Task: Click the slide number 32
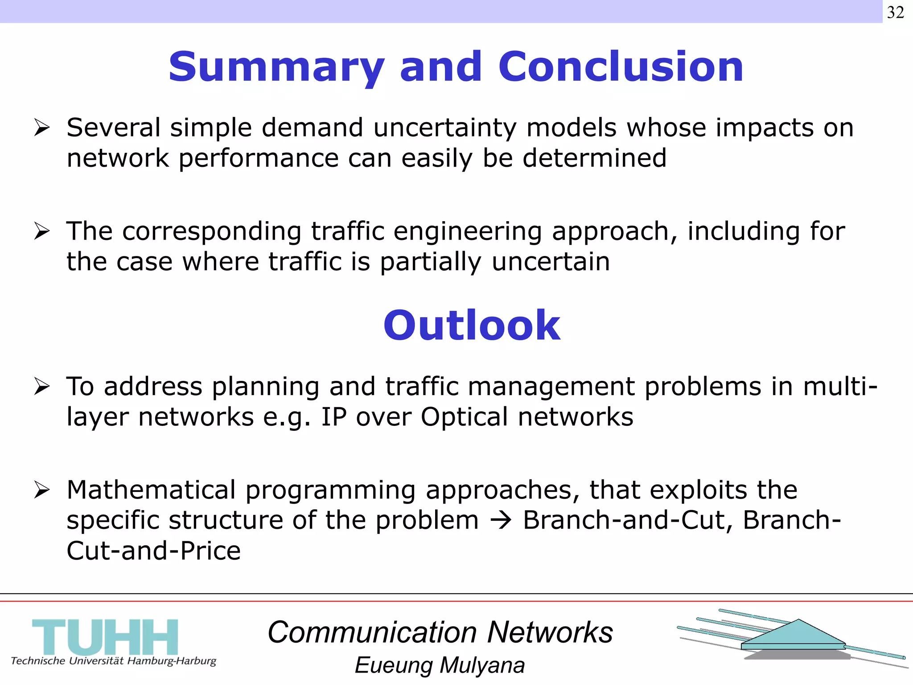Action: point(895,12)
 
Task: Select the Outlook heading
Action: point(471,326)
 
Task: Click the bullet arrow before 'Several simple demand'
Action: point(42,128)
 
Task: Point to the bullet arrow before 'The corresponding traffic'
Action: point(42,231)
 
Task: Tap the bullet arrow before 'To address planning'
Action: point(42,386)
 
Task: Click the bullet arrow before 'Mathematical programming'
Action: point(42,490)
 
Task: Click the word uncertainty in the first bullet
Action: point(444,128)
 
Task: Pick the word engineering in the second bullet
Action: point(468,232)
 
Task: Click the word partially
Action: point(430,262)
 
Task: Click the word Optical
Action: point(464,417)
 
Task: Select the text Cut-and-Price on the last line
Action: point(153,551)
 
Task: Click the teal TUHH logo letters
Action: point(105,636)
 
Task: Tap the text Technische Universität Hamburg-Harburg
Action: point(113,661)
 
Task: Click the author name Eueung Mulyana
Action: point(440,665)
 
